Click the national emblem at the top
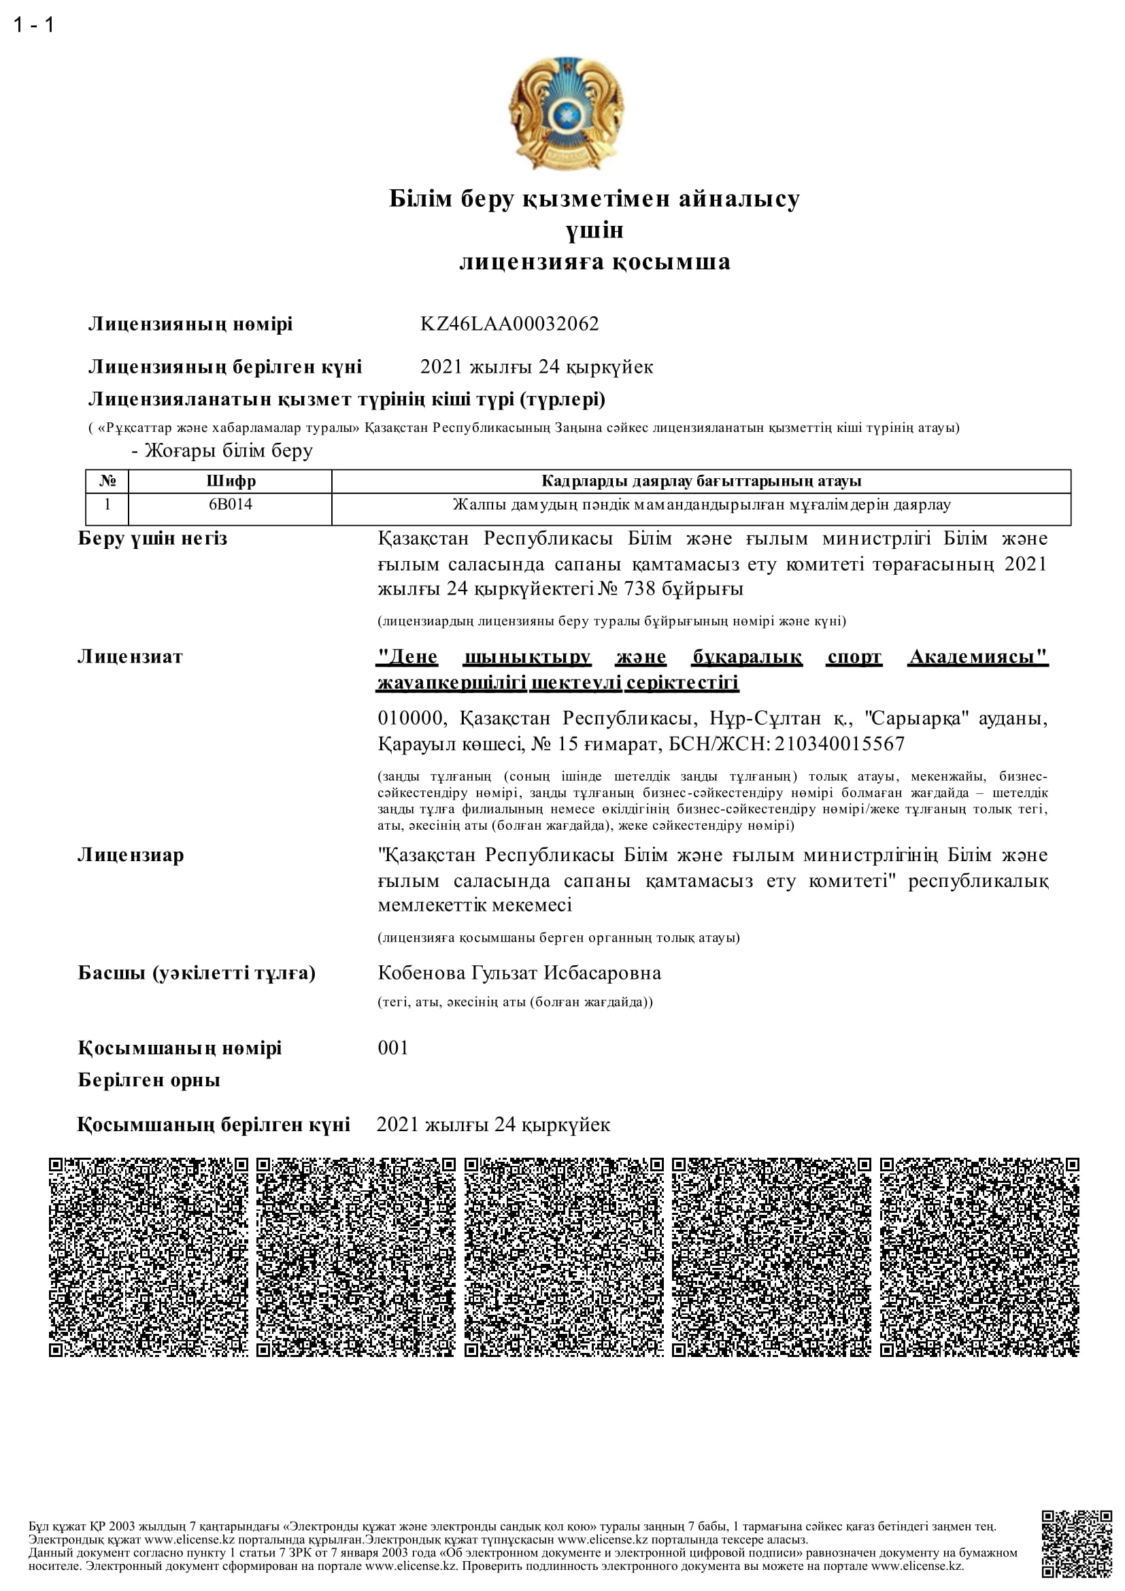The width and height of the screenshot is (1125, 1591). pos(566,114)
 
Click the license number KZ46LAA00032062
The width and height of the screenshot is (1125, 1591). pos(509,324)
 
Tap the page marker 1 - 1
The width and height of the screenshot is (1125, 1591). pos(33,25)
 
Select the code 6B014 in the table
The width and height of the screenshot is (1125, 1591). pos(230,505)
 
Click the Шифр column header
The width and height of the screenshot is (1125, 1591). pos(230,481)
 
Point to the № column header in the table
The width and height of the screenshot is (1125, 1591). pos(107,481)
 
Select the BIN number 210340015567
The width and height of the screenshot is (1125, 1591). pos(839,743)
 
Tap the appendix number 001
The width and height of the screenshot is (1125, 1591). pos(392,1048)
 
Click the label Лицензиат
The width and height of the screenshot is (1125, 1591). pos(130,656)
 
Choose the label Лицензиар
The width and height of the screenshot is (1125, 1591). pos(131,855)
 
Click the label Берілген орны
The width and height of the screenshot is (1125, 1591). pos(149,1079)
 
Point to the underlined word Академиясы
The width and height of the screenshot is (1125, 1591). pos(977,656)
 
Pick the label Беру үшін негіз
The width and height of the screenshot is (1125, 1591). pos(152,539)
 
